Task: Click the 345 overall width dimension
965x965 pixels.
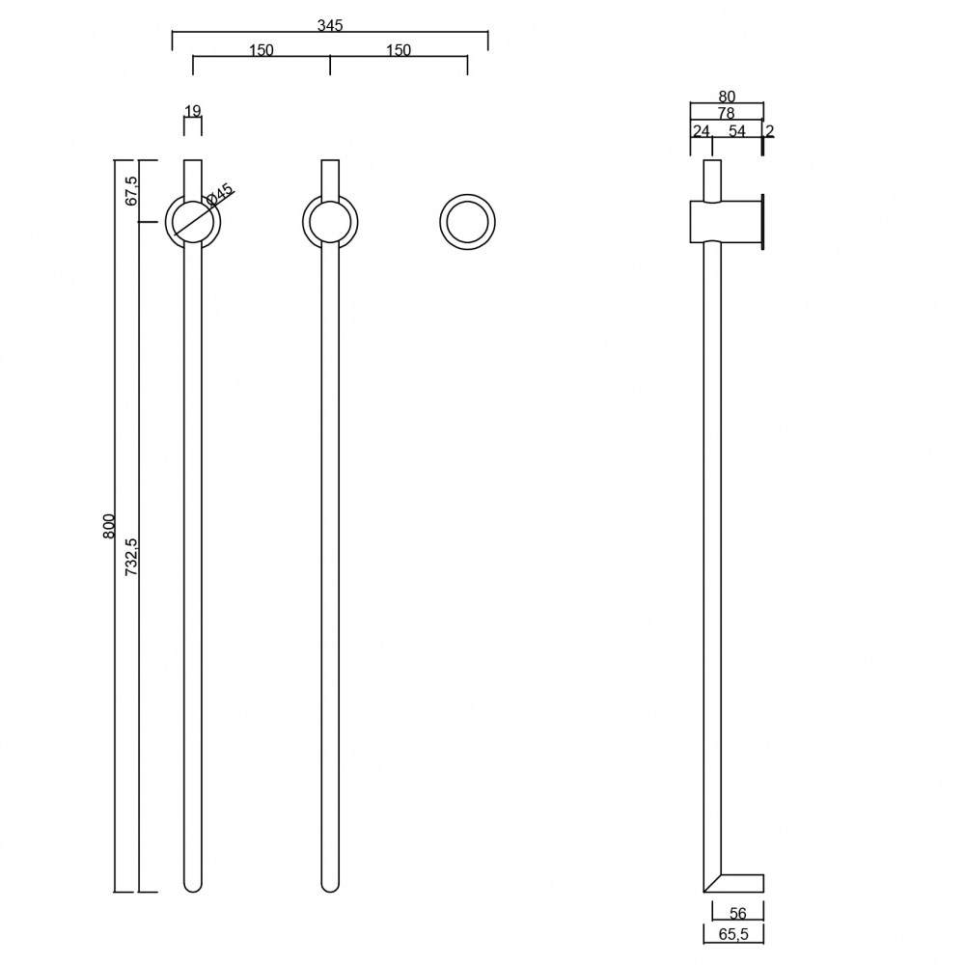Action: [330, 25]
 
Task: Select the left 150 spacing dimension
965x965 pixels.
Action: [262, 50]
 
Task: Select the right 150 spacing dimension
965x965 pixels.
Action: [399, 50]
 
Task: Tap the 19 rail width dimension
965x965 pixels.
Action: [193, 111]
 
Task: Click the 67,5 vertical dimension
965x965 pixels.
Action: [132, 190]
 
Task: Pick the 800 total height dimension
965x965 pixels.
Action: [109, 526]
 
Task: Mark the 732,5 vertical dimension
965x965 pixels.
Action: [132, 558]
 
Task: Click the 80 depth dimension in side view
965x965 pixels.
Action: [727, 96]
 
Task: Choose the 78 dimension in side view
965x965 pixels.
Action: [726, 114]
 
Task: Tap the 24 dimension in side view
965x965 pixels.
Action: [701, 131]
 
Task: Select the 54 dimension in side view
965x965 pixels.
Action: [737, 131]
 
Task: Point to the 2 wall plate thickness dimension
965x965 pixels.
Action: [769, 131]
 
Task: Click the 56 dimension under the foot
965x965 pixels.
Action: [738, 914]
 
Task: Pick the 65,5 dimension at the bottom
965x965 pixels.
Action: [733, 935]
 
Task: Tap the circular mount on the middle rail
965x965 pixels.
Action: [330, 222]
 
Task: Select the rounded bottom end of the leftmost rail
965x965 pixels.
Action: [193, 884]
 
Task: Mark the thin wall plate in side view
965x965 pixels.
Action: [762, 222]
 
